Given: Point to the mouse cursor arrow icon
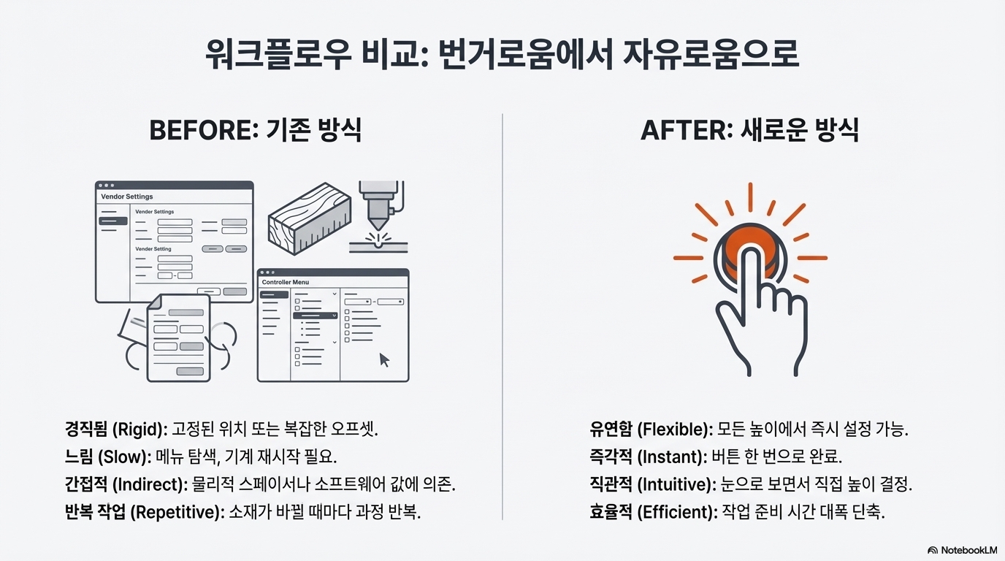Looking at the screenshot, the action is [384, 359].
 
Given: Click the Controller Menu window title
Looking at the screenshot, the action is [286, 282].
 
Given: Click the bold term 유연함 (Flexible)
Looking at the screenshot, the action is [650, 429].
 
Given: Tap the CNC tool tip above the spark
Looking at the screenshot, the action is [378, 221].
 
